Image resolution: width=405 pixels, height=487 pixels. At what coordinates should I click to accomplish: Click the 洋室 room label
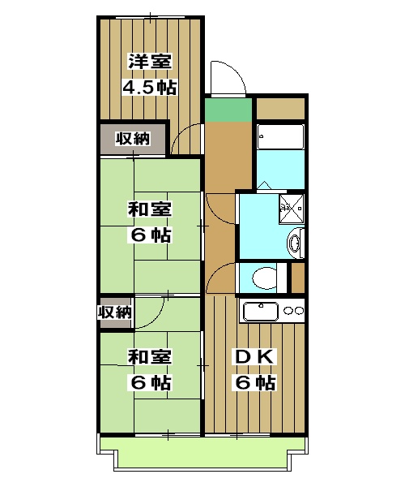(150, 61)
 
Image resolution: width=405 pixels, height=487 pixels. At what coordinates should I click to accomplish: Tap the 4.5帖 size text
(150, 87)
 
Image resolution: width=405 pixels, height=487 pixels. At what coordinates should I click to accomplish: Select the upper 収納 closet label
(132, 139)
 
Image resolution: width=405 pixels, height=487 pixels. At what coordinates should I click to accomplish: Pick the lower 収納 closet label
(115, 312)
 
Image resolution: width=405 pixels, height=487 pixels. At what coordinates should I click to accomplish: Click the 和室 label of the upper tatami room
(150, 209)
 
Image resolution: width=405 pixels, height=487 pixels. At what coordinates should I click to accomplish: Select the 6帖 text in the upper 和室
(150, 235)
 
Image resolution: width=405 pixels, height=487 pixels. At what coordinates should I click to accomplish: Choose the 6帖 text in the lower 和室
(150, 382)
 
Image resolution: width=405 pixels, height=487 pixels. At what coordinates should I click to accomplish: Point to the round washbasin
(296, 240)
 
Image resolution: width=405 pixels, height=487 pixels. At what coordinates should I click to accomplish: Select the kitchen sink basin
(261, 310)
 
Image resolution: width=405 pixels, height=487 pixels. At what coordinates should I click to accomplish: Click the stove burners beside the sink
(293, 310)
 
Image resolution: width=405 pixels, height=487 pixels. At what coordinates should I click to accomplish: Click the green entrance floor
(228, 110)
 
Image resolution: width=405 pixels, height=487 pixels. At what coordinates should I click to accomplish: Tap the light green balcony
(202, 455)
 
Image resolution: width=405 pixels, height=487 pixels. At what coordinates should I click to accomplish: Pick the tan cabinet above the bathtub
(280, 108)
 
